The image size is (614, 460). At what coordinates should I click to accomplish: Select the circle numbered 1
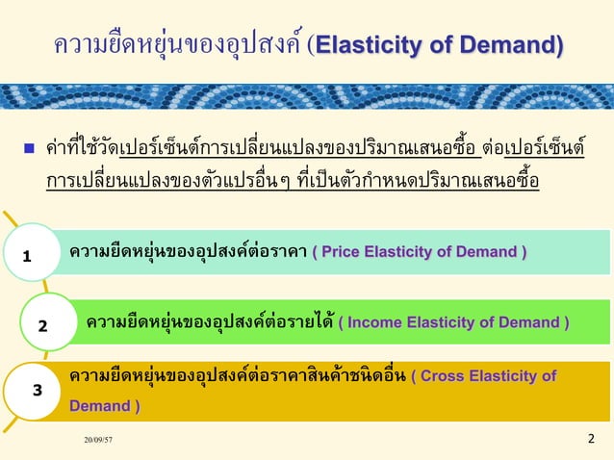click(x=28, y=257)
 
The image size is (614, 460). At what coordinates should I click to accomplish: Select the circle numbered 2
click(x=42, y=325)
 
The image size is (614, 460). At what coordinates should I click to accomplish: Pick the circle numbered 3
click(x=36, y=391)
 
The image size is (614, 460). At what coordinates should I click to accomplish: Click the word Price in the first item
click(x=343, y=253)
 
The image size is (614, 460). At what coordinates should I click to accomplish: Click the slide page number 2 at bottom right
click(x=591, y=440)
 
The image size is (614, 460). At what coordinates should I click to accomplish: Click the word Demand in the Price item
click(x=486, y=253)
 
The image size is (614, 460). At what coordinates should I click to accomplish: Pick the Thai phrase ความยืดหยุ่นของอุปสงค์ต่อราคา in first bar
click(x=188, y=253)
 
